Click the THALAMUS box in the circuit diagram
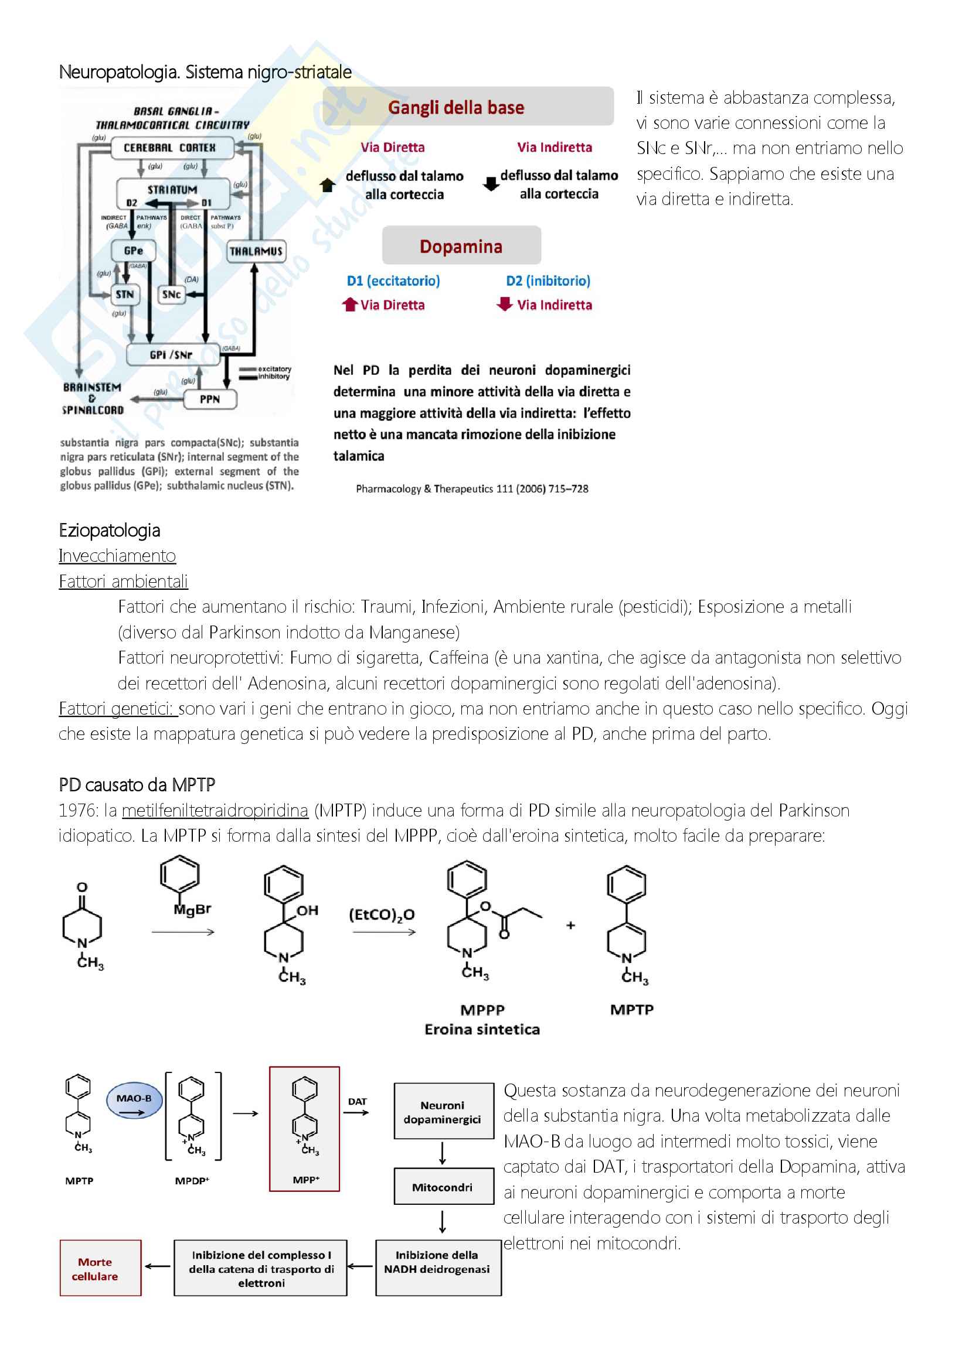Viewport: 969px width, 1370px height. point(256,251)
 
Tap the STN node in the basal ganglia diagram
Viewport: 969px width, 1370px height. point(125,294)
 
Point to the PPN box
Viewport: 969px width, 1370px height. point(209,399)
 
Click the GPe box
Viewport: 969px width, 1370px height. point(133,251)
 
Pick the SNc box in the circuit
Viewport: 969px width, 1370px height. point(171,294)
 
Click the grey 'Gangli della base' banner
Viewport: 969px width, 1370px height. point(467,107)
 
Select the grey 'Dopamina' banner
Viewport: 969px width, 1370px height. point(461,246)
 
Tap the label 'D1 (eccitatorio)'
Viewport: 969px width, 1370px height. point(393,281)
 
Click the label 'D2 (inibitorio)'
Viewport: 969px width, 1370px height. point(548,281)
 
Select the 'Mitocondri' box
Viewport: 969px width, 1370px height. point(443,1187)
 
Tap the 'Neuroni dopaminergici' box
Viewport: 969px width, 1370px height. point(443,1111)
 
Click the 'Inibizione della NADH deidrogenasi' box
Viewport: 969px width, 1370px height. point(438,1269)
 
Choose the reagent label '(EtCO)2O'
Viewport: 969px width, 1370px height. point(382,915)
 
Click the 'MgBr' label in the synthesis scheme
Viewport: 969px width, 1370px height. point(192,910)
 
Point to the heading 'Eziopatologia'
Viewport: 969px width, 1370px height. point(109,530)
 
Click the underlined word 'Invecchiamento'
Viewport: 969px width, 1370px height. point(117,555)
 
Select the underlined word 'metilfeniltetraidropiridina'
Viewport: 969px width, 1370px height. point(215,810)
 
